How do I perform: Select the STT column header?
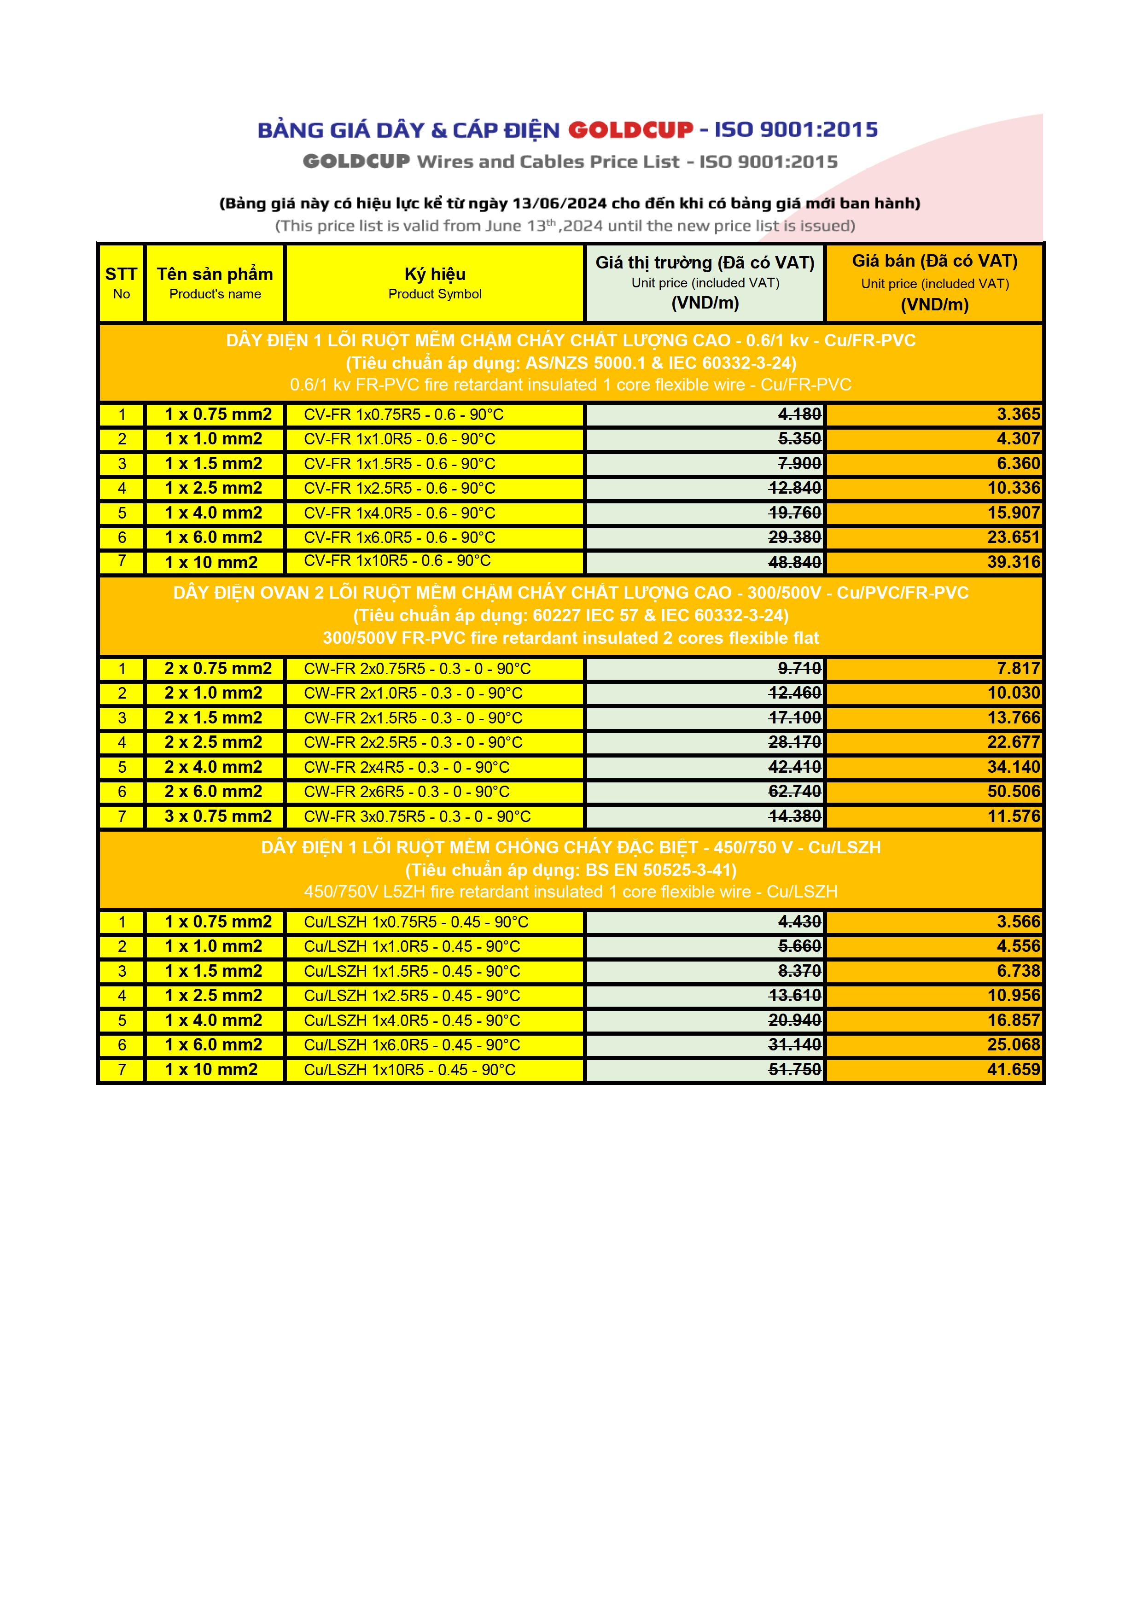(121, 282)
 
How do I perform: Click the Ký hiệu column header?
(435, 282)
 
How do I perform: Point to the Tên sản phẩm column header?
(215, 282)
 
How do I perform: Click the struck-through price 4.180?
(799, 414)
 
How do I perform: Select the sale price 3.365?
(1018, 414)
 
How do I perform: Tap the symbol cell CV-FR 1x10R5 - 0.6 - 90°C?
(397, 561)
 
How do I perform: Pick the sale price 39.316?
(1014, 562)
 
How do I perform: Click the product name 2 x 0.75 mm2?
(218, 668)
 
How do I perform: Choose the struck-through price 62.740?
(795, 791)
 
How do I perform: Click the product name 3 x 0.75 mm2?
(218, 816)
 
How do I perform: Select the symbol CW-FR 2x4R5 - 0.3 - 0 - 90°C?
(407, 767)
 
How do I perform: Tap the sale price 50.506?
(1014, 791)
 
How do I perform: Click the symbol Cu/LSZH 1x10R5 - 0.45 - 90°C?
(409, 1070)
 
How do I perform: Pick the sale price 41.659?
(1014, 1069)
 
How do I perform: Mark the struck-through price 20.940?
(795, 1020)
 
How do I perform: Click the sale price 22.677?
(1014, 742)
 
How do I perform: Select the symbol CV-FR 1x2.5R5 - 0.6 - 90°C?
(399, 488)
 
